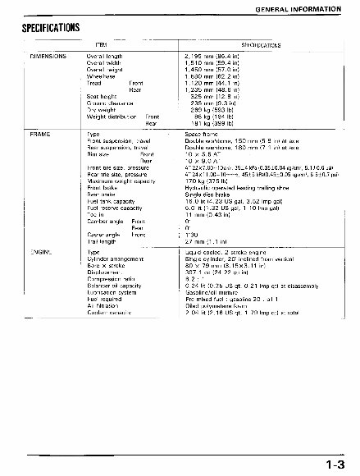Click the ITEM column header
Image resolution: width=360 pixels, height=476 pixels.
click(125, 43)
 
